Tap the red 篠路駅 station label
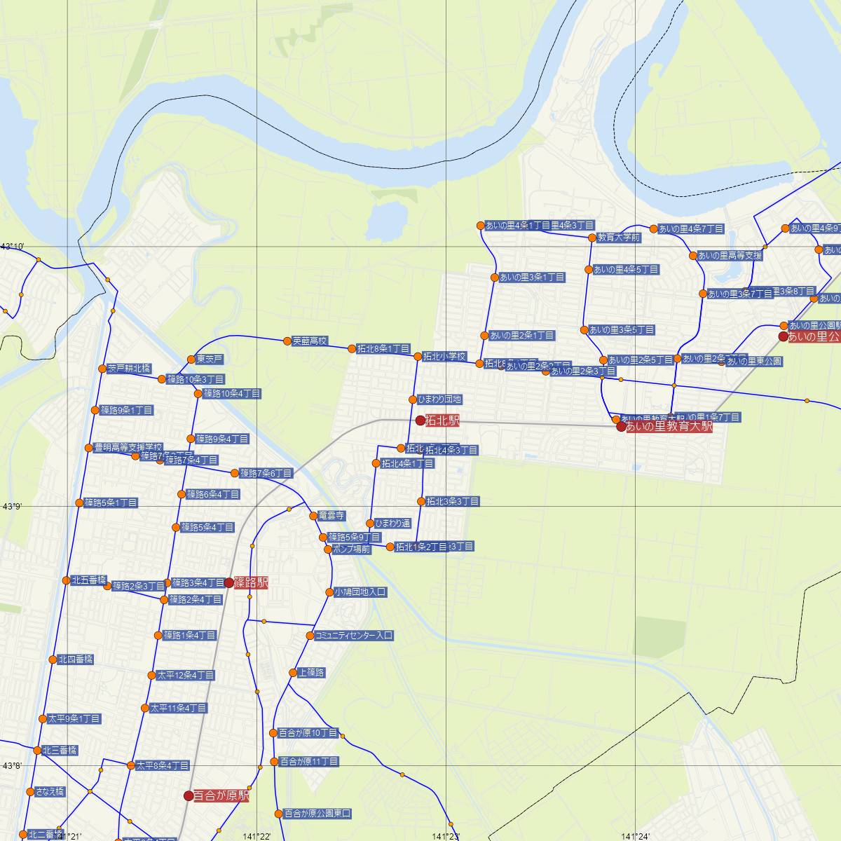pos(252,582)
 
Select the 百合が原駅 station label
pos(221,796)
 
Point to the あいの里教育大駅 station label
pos(669,426)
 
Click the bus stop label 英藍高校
pos(310,341)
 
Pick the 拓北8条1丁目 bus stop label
pos(383,348)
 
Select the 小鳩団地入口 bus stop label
pos(360,592)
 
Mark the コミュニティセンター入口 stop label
pos(354,636)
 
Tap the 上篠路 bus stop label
pos(311,673)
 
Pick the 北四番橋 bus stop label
pos(76,659)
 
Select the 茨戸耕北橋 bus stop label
pos(129,369)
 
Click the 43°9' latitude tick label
pos(13,505)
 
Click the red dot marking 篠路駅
pos(229,582)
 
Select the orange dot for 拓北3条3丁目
pos(421,501)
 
